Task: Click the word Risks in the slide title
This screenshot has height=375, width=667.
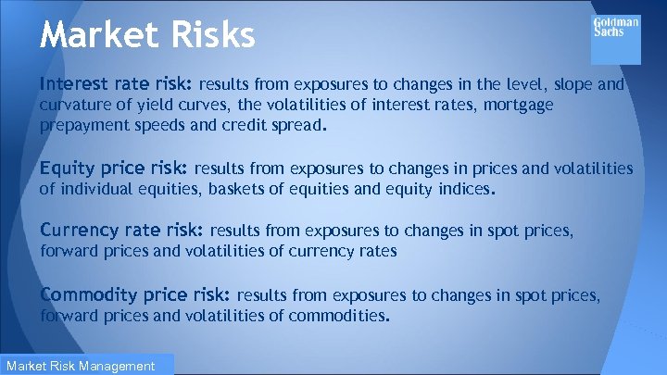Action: pos(207,35)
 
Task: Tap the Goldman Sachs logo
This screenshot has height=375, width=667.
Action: pos(616,39)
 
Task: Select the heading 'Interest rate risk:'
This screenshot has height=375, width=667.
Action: pos(115,85)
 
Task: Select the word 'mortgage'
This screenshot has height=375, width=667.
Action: pos(518,106)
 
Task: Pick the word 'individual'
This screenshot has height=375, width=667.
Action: pos(95,191)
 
